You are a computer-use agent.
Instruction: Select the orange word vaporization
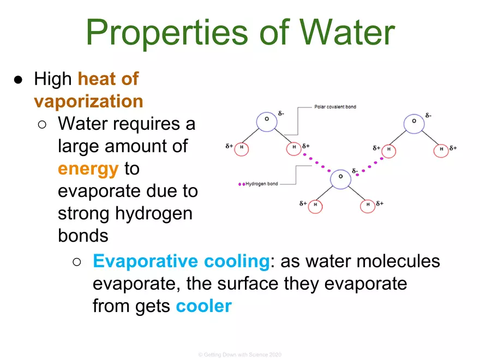(88, 101)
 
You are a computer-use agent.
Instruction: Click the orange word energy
(88, 169)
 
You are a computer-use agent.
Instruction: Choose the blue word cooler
(204, 306)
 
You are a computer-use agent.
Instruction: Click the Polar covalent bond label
(335, 107)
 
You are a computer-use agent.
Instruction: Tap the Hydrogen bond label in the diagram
(262, 184)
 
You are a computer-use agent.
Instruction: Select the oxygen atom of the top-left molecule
(267, 120)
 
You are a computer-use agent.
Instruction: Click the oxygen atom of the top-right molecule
(413, 121)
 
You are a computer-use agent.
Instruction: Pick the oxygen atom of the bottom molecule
(340, 177)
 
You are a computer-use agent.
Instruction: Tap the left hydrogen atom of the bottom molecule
(315, 205)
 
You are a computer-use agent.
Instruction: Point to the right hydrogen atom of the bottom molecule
(368, 205)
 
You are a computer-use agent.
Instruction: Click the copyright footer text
(239, 355)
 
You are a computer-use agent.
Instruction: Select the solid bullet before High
(18, 80)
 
